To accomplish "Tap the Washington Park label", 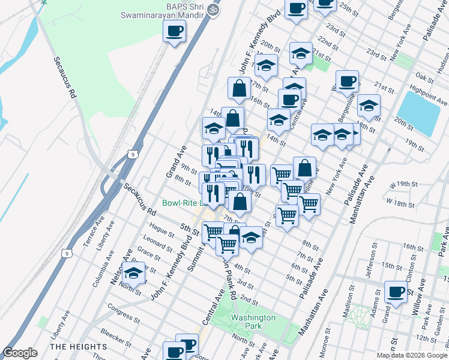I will (x=253, y=322).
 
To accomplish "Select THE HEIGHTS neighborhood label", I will (x=79, y=347).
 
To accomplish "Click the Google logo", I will (x=20, y=353).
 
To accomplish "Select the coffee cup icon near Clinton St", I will (x=396, y=292).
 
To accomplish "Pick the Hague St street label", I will (x=162, y=229).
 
